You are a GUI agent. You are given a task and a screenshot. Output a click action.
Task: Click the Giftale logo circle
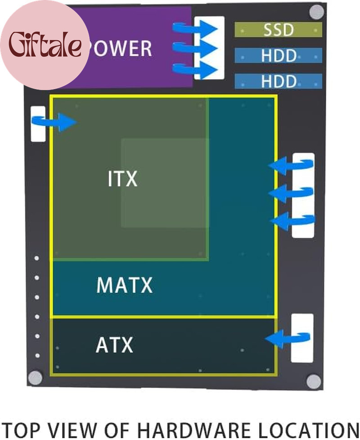45,45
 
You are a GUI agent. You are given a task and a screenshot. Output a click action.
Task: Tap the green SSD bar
278,30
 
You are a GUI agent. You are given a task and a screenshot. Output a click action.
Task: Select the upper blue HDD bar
278,56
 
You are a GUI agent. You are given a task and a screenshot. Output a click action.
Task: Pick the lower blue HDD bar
278,82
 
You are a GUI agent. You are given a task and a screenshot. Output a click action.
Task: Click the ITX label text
122,179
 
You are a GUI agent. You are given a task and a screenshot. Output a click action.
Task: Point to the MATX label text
125,286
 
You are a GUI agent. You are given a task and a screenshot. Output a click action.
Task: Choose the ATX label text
114,346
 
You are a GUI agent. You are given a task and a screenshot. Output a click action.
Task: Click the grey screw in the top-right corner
317,12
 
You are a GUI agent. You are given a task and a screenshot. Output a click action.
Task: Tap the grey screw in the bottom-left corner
35,378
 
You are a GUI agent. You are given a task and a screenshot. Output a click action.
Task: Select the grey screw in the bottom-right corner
314,381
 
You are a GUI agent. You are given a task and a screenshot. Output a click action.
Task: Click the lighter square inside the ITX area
164,182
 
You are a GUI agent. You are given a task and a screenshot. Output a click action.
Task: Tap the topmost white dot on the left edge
37,259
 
